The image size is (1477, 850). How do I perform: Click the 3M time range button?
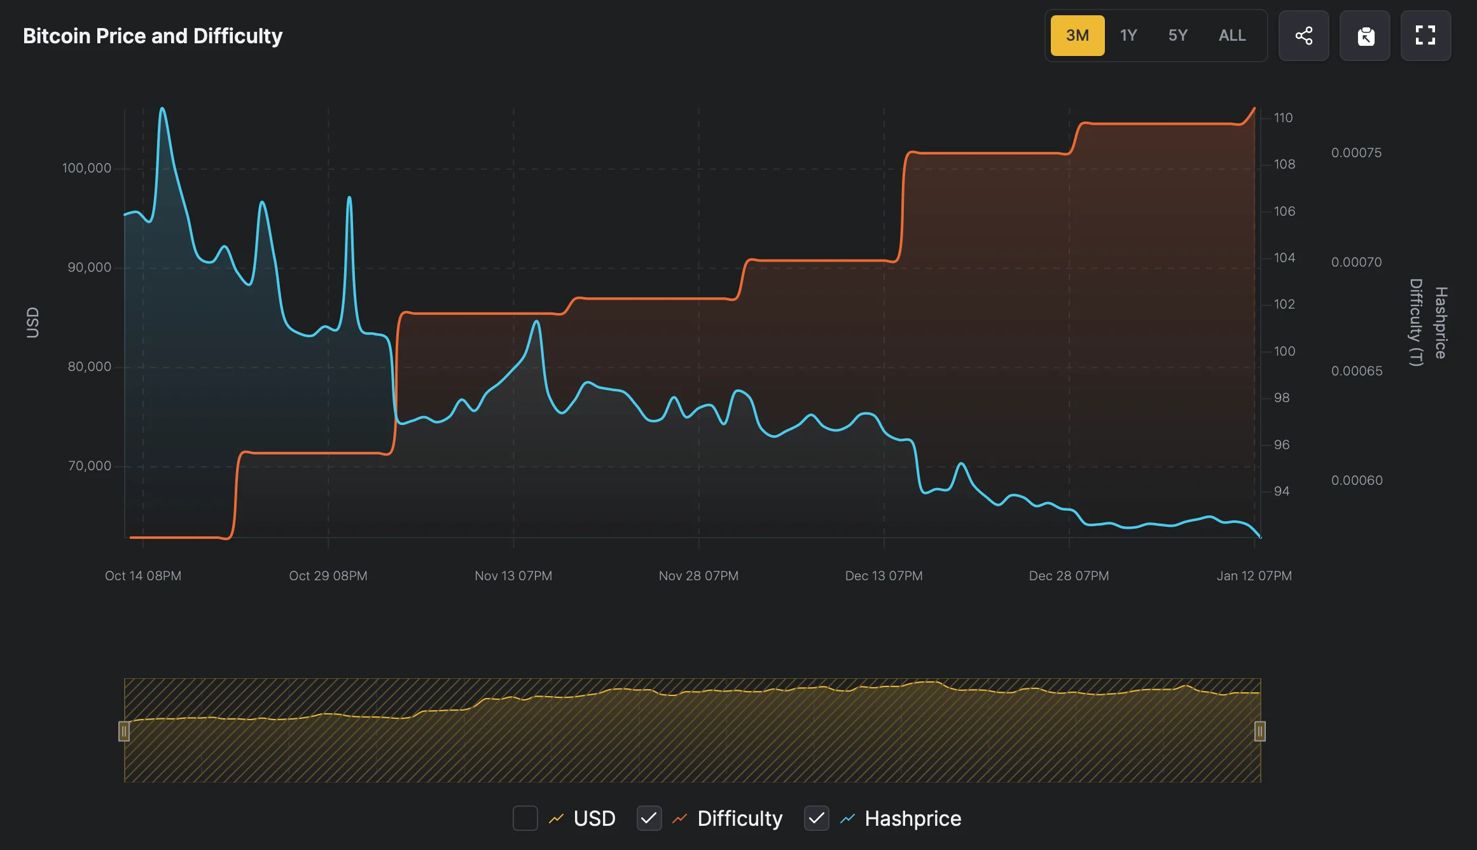point(1077,36)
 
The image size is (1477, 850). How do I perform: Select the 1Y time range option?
point(1128,36)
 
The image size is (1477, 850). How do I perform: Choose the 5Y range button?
point(1177,36)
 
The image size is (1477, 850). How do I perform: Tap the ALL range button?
point(1232,36)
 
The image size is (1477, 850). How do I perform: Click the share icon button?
point(1303,36)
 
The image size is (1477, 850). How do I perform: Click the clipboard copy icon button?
point(1365,36)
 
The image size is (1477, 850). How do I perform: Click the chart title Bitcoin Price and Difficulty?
point(153,36)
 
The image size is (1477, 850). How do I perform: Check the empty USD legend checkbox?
point(525,818)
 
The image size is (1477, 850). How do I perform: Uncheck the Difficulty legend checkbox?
point(649,818)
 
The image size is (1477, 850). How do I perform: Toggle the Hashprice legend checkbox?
point(816,818)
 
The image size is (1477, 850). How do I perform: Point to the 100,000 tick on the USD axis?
point(87,168)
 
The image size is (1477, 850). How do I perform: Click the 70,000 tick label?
point(89,466)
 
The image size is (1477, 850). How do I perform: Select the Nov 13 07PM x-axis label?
point(513,576)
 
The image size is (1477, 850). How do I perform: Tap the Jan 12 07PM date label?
point(1254,576)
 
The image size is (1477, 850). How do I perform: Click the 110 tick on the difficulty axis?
point(1283,118)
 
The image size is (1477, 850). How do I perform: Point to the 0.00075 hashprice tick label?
point(1356,153)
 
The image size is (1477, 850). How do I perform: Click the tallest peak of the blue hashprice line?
point(162,109)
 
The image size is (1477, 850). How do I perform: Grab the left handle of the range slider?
point(124,732)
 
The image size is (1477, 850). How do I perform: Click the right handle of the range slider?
point(1259,732)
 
